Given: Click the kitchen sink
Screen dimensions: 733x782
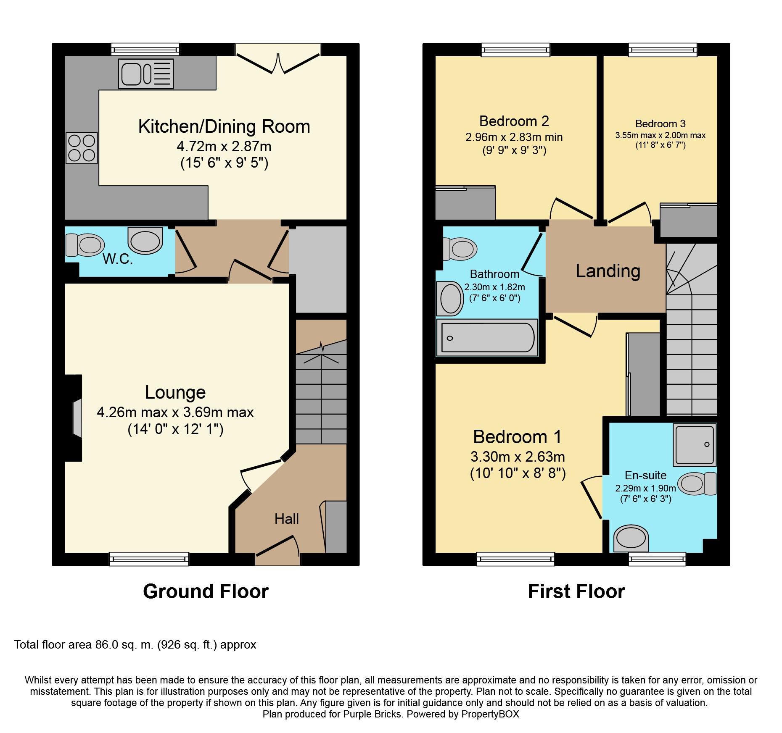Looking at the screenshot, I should (145, 74).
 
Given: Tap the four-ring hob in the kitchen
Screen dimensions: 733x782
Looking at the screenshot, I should (82, 148).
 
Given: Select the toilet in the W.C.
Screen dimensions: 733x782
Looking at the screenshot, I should (85, 245).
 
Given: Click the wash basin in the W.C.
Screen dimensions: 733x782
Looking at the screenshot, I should (145, 241).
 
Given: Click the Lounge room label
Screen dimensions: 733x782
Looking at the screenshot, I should (175, 392).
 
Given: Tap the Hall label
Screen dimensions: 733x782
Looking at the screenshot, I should (286, 519).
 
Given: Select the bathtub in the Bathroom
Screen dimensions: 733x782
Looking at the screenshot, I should (487, 337).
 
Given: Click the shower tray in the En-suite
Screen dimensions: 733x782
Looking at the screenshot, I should (694, 445).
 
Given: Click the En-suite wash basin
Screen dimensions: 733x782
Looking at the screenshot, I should (631, 538).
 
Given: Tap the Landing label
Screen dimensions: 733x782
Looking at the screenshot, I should (608, 271).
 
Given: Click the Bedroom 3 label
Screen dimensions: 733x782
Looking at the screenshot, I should (660, 123).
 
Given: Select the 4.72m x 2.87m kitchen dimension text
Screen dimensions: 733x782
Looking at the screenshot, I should (224, 147).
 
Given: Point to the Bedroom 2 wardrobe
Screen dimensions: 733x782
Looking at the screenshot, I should (465, 203).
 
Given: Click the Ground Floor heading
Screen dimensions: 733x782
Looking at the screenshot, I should (206, 591).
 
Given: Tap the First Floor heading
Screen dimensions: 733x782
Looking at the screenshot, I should (576, 591).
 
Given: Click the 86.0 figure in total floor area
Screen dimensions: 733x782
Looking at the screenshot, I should (107, 645).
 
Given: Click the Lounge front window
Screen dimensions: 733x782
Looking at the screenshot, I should (149, 559).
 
